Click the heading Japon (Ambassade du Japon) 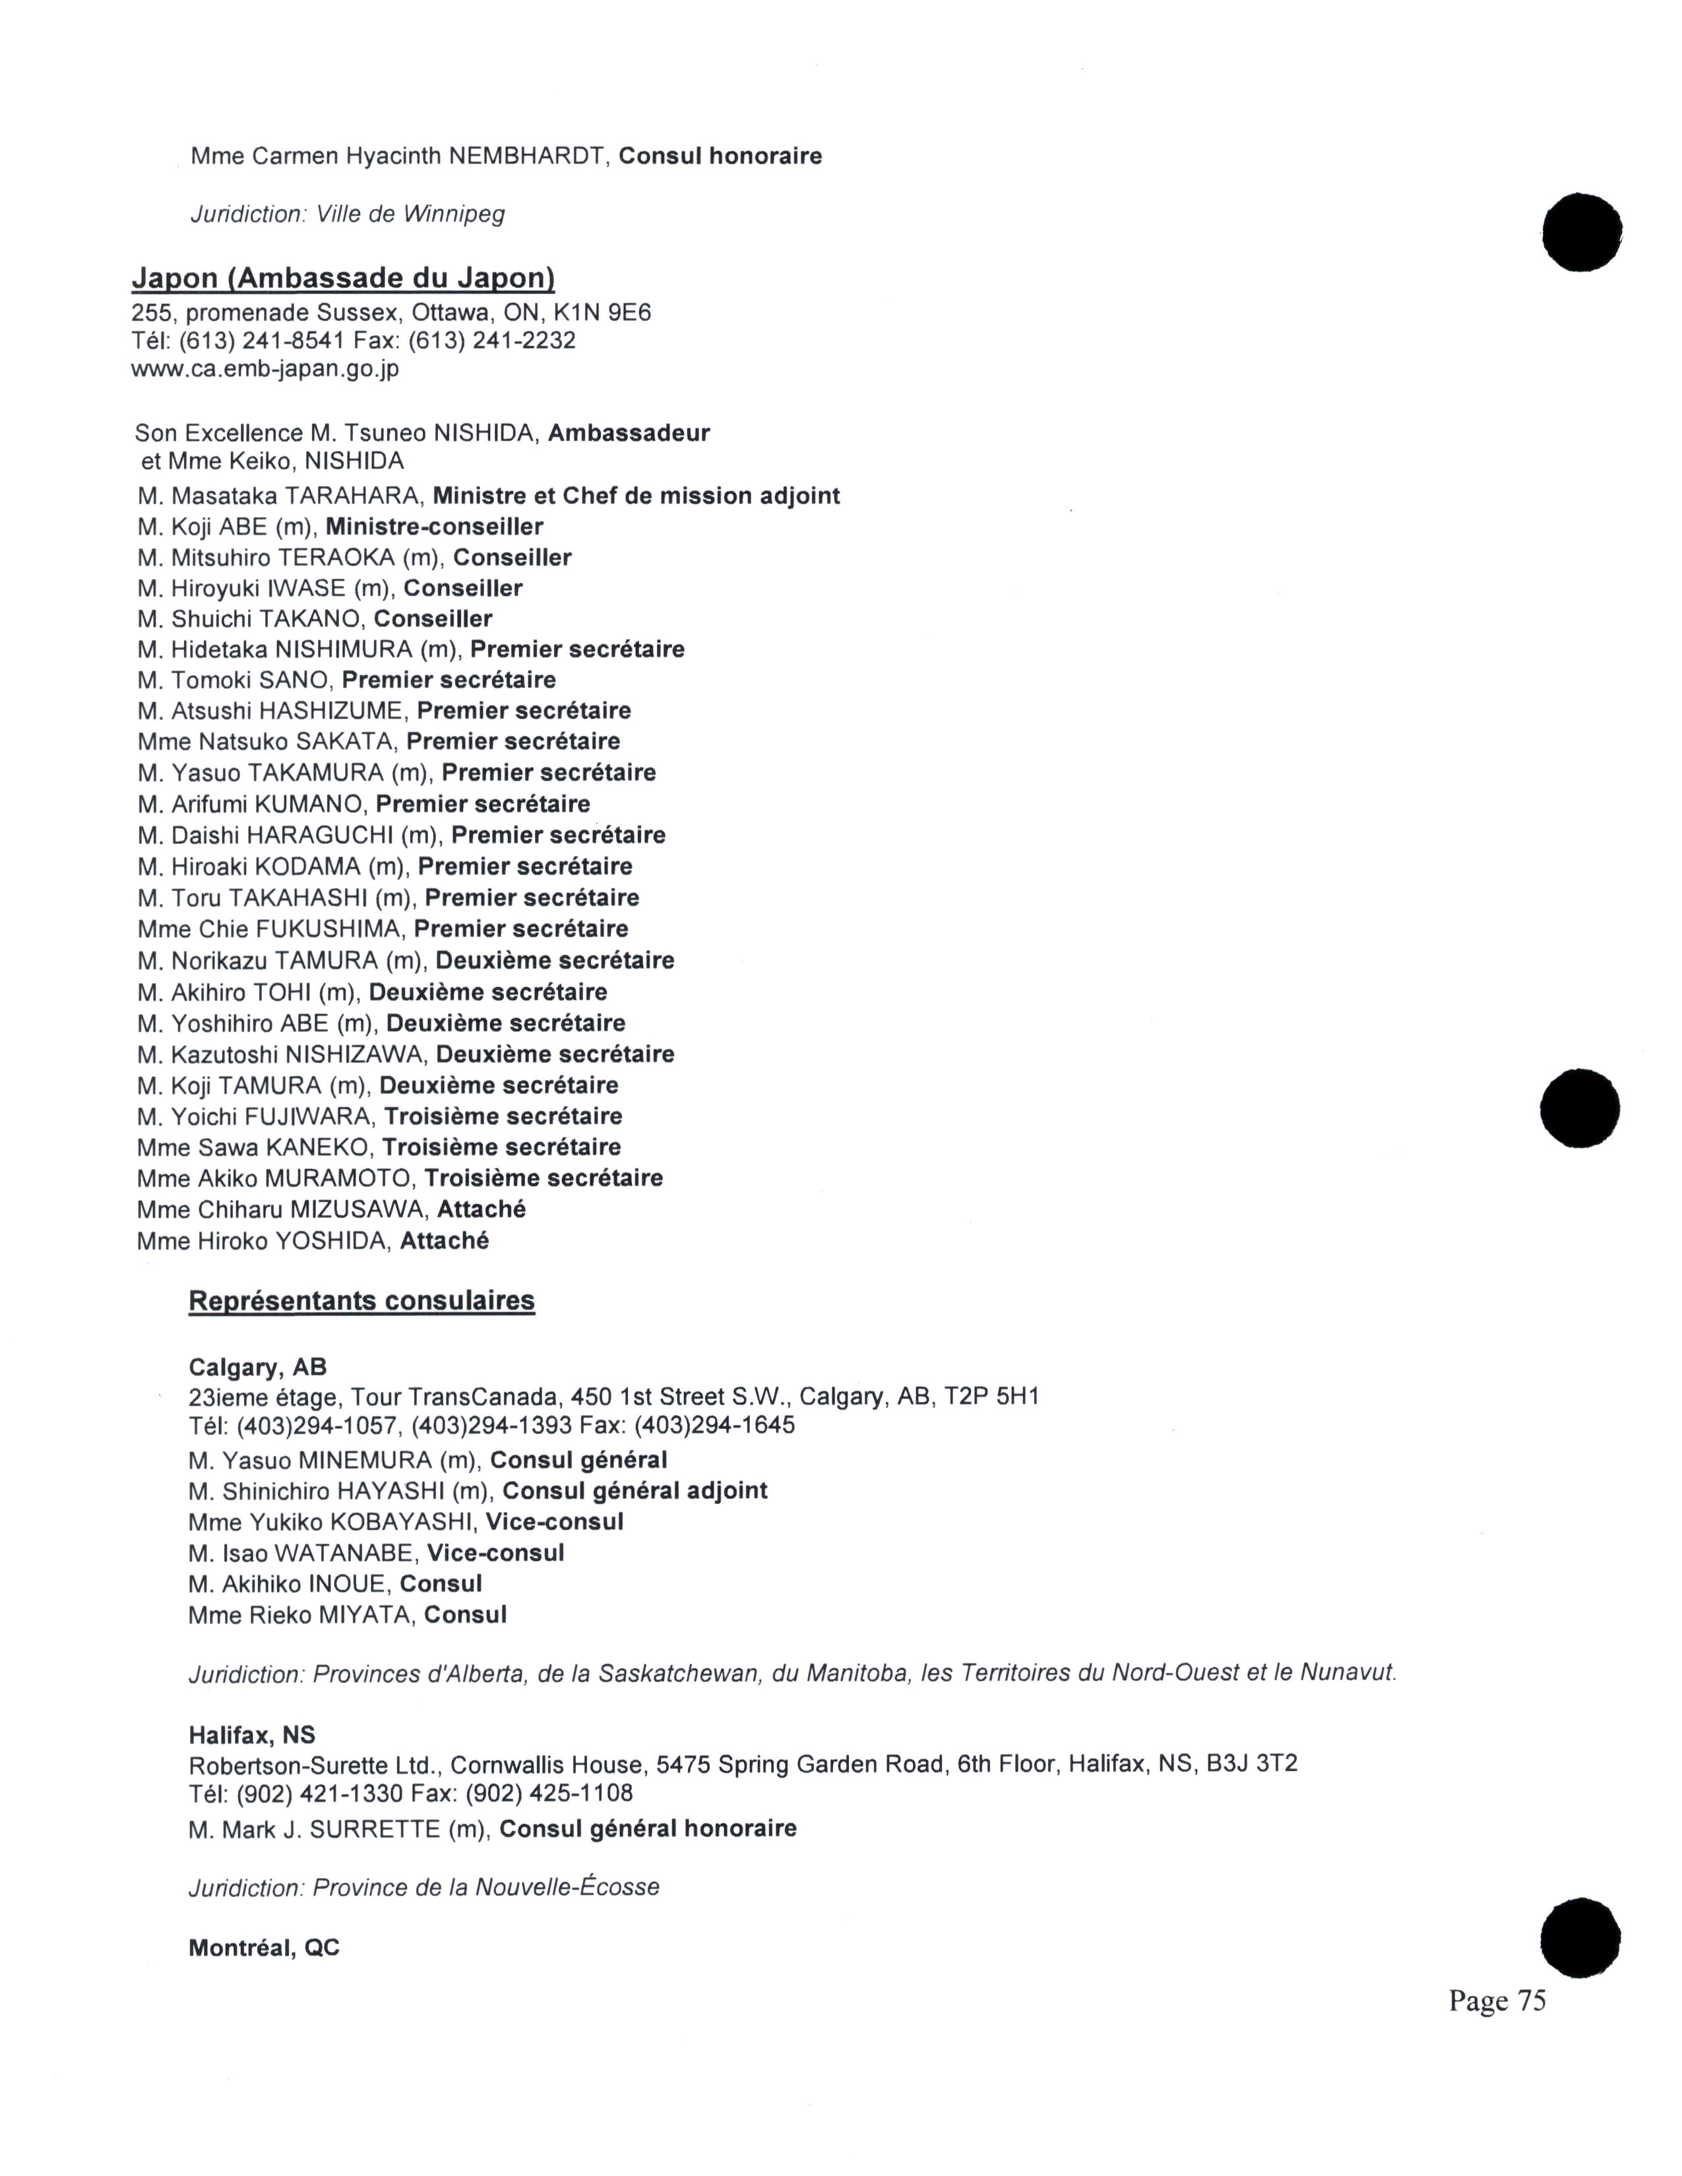point(343,278)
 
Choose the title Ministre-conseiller point(435,527)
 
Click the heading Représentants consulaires point(361,1301)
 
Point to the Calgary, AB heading point(257,1368)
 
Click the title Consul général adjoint point(635,1492)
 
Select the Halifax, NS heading point(252,1736)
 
